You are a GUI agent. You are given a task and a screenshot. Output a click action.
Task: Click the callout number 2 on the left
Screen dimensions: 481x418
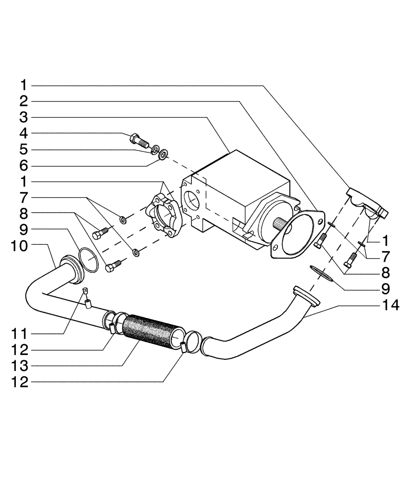point(24,101)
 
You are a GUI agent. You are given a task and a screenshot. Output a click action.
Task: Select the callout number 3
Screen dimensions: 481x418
point(24,117)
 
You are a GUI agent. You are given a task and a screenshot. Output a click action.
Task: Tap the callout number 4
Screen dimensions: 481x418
point(24,133)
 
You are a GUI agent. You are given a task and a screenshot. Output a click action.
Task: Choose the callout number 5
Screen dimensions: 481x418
point(24,150)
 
